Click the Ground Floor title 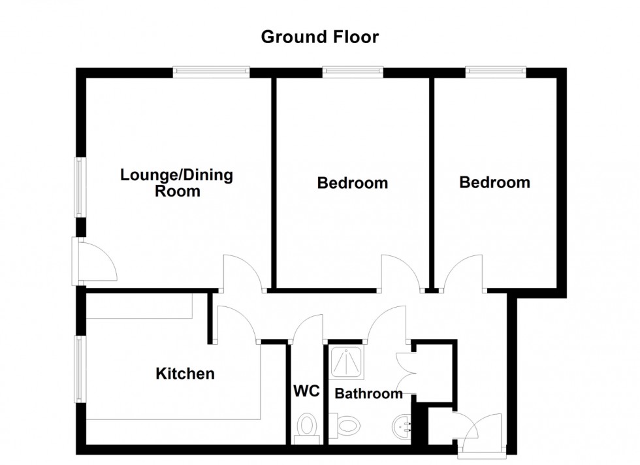point(319,37)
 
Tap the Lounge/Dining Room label point(177,183)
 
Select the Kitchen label point(185,374)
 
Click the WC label point(306,392)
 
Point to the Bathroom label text point(369,393)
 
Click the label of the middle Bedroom point(352,183)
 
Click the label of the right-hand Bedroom point(494,182)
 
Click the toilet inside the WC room point(306,426)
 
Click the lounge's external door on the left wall point(97,261)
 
